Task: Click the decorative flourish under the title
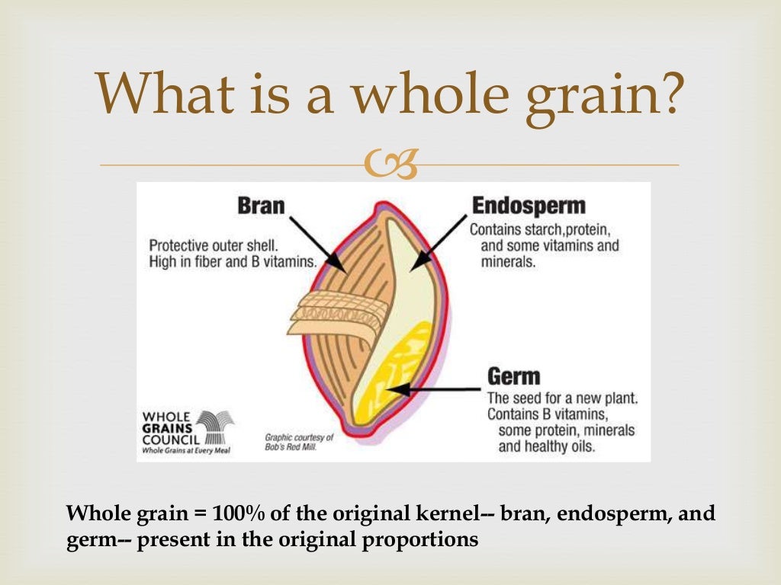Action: coord(390,165)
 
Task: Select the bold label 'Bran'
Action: coord(261,206)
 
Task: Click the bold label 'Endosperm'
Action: coord(529,206)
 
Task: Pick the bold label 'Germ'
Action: coord(513,376)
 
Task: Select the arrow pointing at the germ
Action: coord(435,390)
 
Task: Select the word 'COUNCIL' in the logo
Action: coord(172,440)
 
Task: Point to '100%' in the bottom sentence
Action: coord(233,513)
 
